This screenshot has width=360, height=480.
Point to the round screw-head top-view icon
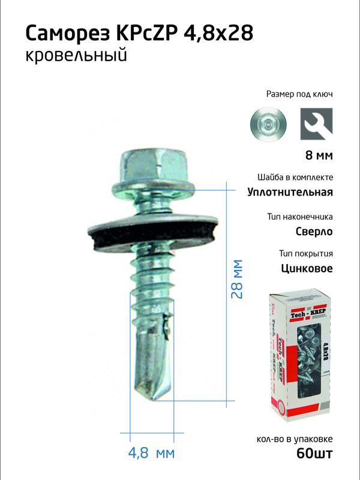[x=268, y=125]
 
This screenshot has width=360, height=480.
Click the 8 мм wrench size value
[x=318, y=156]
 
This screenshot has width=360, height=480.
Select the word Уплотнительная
[x=290, y=193]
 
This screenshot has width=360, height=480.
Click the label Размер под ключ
[x=299, y=94]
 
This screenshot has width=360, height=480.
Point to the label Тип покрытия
[x=306, y=253]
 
